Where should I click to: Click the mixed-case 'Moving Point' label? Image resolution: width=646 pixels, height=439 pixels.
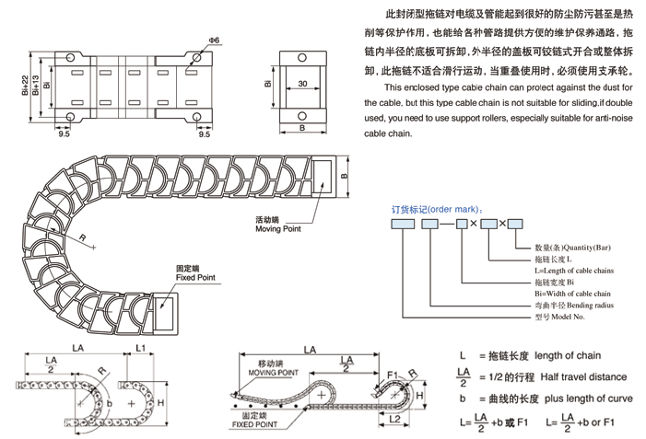(280, 229)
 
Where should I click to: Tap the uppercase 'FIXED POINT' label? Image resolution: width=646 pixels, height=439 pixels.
(257, 426)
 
